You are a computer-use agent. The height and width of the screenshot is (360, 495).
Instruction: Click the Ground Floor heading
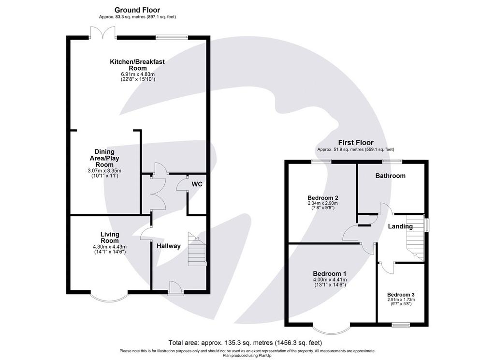coord(137,10)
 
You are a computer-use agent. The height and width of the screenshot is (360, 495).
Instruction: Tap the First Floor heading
coord(356,143)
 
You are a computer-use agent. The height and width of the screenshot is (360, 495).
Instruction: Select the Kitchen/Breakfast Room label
coord(137,65)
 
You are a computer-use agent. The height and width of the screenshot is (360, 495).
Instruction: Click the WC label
coord(197,184)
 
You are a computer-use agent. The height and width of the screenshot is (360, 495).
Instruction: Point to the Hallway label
coord(169,246)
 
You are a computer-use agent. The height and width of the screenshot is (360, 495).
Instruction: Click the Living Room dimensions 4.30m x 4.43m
coord(110,247)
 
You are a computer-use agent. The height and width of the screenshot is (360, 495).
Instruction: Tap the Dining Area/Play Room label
coord(104,158)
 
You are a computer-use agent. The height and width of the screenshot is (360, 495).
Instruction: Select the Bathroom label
coord(390,176)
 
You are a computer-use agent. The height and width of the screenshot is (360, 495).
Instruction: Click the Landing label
coord(400,226)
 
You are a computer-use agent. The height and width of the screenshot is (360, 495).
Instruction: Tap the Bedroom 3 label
coord(401,294)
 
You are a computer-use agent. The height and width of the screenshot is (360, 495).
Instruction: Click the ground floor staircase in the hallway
coord(197,249)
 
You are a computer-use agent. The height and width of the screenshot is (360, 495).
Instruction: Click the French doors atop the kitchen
coord(102,32)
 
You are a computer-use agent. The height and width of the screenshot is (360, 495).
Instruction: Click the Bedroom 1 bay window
coord(332,330)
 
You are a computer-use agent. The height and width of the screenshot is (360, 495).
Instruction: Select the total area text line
coord(245,343)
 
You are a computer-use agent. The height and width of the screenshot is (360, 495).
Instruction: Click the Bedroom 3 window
coord(401,325)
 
